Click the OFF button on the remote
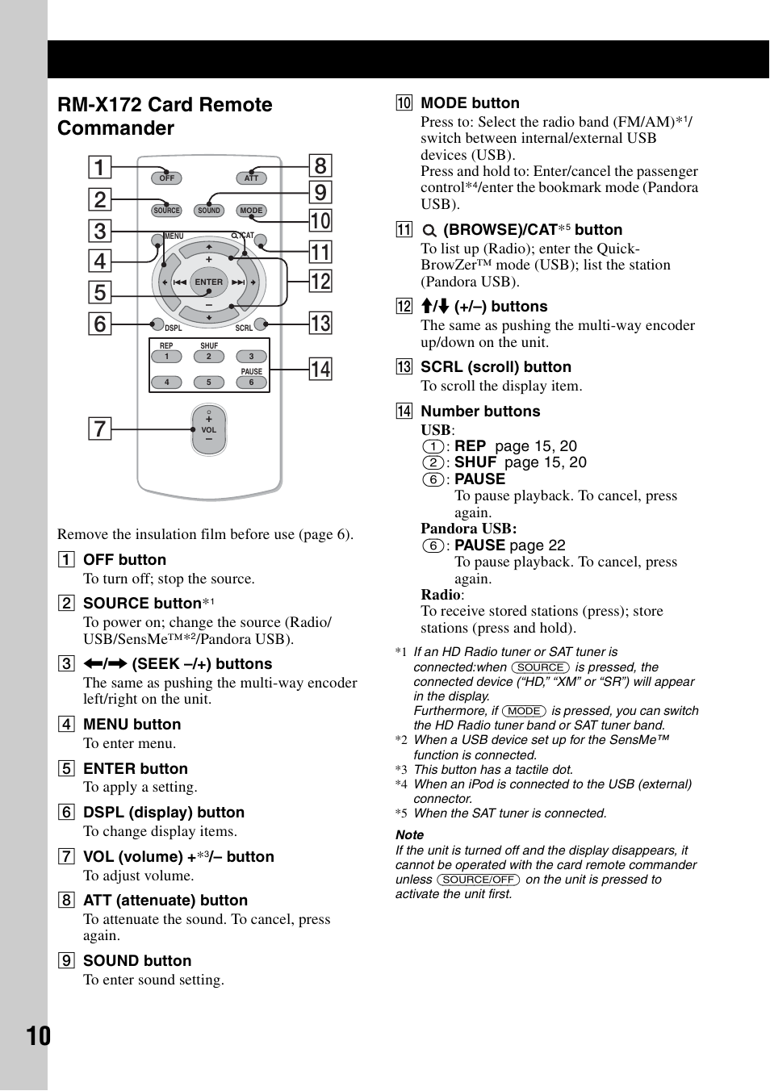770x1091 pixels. [167, 178]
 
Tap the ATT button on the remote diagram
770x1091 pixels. [251, 178]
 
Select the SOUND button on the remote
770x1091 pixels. [209, 211]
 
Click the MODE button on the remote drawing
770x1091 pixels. [251, 211]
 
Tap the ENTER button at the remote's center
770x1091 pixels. [208, 282]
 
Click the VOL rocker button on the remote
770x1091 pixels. [209, 429]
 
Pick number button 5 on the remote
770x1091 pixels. [209, 382]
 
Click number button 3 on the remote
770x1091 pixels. [251, 357]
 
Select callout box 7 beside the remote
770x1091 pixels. [99, 428]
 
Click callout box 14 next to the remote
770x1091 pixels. [320, 370]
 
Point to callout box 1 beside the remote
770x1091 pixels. [99, 168]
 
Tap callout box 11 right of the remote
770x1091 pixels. [320, 253]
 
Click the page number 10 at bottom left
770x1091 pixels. [38, 1036]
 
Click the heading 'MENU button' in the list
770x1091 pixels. [132, 725]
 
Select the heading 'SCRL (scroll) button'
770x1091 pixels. [496, 367]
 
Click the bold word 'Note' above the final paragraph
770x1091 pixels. [409, 835]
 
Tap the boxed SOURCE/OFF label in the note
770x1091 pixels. [478, 880]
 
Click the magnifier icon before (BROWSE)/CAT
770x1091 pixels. [429, 231]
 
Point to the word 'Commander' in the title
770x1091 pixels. [115, 128]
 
